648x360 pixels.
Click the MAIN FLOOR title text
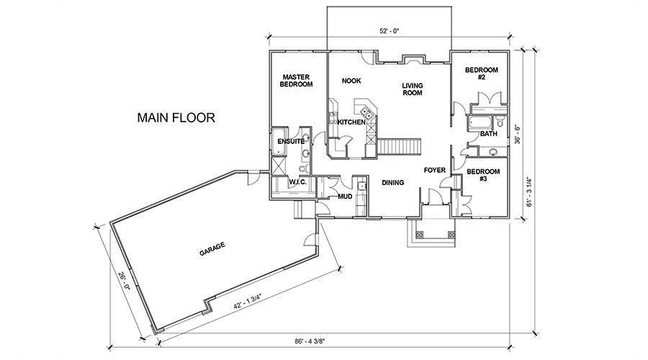tap(176, 118)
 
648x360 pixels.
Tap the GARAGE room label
tap(212, 248)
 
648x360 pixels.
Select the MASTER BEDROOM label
tap(297, 81)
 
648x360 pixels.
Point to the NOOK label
tap(351, 81)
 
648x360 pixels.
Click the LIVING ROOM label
tap(413, 89)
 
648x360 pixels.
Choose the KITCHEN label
tap(351, 122)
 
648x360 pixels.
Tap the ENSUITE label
tap(291, 141)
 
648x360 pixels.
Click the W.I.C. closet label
tap(297, 182)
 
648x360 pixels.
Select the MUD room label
tap(345, 197)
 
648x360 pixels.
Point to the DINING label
tap(392, 183)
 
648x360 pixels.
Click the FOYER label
tap(435, 170)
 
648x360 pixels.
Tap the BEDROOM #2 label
tap(482, 73)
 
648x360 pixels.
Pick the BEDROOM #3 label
tap(483, 175)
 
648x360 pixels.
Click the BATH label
tap(488, 134)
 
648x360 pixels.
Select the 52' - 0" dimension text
tap(389, 31)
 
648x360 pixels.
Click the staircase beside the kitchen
tap(400, 147)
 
